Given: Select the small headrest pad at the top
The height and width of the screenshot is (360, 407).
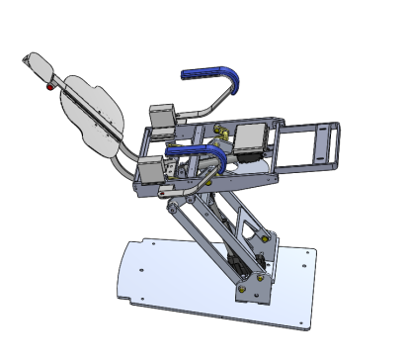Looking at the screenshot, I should [x=40, y=67].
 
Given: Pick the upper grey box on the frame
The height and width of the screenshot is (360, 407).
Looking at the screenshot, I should [x=161, y=117].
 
